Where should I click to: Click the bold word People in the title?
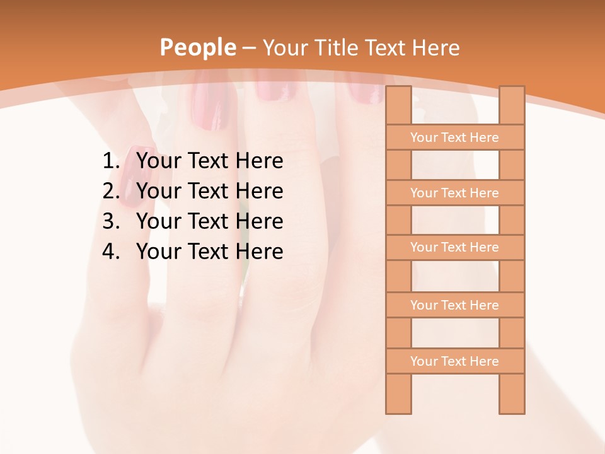click(x=197, y=47)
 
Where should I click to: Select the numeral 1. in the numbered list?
click(x=111, y=161)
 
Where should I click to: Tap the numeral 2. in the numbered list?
click(x=111, y=191)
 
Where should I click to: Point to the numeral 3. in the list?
click(x=111, y=221)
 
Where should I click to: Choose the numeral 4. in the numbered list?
click(x=111, y=252)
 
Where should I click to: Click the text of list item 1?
click(x=209, y=161)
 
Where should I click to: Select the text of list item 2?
click(x=209, y=191)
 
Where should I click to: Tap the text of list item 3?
click(x=209, y=221)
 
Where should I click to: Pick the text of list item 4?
click(x=209, y=252)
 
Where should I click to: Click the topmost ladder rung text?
click(x=454, y=137)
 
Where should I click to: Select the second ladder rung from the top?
click(x=454, y=193)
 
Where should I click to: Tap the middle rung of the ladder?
click(x=454, y=247)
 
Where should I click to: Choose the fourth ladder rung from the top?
click(x=454, y=305)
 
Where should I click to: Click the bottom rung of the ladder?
click(x=454, y=361)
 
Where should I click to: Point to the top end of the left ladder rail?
click(x=398, y=91)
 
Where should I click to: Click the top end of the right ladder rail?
click(x=512, y=91)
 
